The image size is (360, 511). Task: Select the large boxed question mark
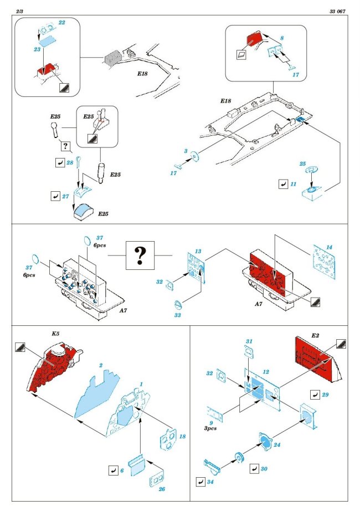pyautogui.click(x=140, y=256)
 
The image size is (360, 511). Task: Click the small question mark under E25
pyautogui.click(x=66, y=147)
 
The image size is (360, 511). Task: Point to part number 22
pyautogui.click(x=61, y=23)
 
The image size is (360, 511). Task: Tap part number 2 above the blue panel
pyautogui.click(x=101, y=366)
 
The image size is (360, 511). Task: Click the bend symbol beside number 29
pyautogui.click(x=315, y=395)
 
